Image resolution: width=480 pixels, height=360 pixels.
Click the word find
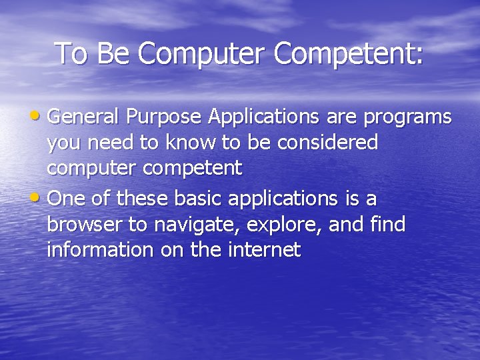pos(386,225)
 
